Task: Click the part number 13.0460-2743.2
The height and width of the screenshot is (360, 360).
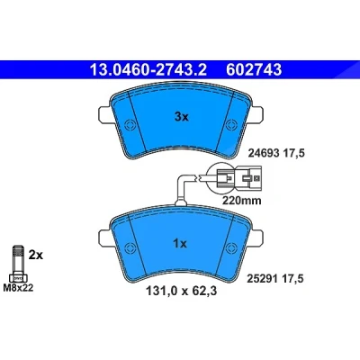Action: click(x=148, y=69)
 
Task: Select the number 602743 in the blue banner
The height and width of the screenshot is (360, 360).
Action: click(x=254, y=69)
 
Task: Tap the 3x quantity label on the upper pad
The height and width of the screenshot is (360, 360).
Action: click(x=182, y=117)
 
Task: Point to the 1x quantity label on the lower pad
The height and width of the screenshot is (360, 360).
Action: click(x=180, y=244)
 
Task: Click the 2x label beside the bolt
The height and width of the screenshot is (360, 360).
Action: click(x=36, y=255)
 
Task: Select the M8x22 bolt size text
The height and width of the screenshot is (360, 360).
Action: click(x=18, y=288)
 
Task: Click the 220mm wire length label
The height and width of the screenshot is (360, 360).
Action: click(x=241, y=200)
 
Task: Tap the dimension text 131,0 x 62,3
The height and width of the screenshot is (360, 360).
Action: click(x=181, y=291)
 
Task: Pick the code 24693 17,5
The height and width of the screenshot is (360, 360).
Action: click(x=276, y=154)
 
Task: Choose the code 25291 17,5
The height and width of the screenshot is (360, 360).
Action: click(x=275, y=279)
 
